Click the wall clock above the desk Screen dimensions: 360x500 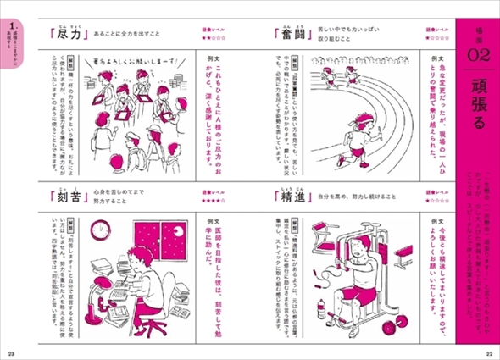[x=101, y=229]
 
